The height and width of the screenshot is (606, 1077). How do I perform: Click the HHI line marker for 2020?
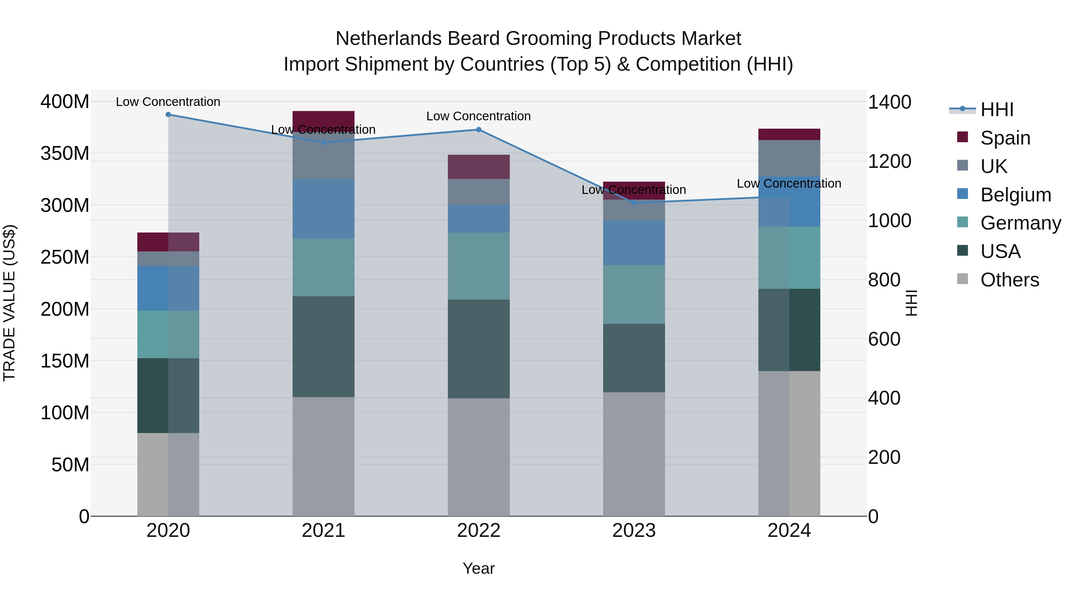pos(168,115)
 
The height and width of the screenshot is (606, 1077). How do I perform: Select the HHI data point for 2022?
pos(479,130)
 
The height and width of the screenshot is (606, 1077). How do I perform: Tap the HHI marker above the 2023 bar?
pos(634,203)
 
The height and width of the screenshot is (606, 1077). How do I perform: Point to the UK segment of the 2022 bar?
pos(479,192)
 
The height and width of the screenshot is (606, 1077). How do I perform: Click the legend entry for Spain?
pos(1005,138)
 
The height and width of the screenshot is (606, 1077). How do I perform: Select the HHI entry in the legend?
pos(997,109)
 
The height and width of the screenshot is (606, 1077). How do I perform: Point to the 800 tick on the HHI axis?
pos(884,280)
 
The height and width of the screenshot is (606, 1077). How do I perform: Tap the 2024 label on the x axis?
pos(789,531)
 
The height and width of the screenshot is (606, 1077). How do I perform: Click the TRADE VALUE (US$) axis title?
pos(9,303)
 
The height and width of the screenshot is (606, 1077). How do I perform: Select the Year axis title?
pos(478,568)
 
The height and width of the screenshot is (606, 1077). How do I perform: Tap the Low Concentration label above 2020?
pos(168,102)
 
